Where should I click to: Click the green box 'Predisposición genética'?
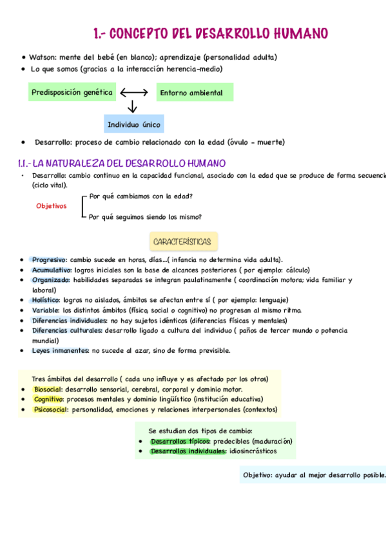coord(72,92)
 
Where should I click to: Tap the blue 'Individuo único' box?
coord(133,124)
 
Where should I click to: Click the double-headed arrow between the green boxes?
coord(134,92)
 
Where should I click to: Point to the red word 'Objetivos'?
coord(51,206)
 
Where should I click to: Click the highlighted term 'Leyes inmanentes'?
coord(60,351)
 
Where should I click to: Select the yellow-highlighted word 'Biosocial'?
coord(47,390)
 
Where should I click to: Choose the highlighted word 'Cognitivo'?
coord(48,399)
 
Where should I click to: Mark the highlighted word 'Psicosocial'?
coord(50,409)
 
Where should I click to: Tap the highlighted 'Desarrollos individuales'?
coord(188,451)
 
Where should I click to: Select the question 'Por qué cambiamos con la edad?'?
coord(141,196)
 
